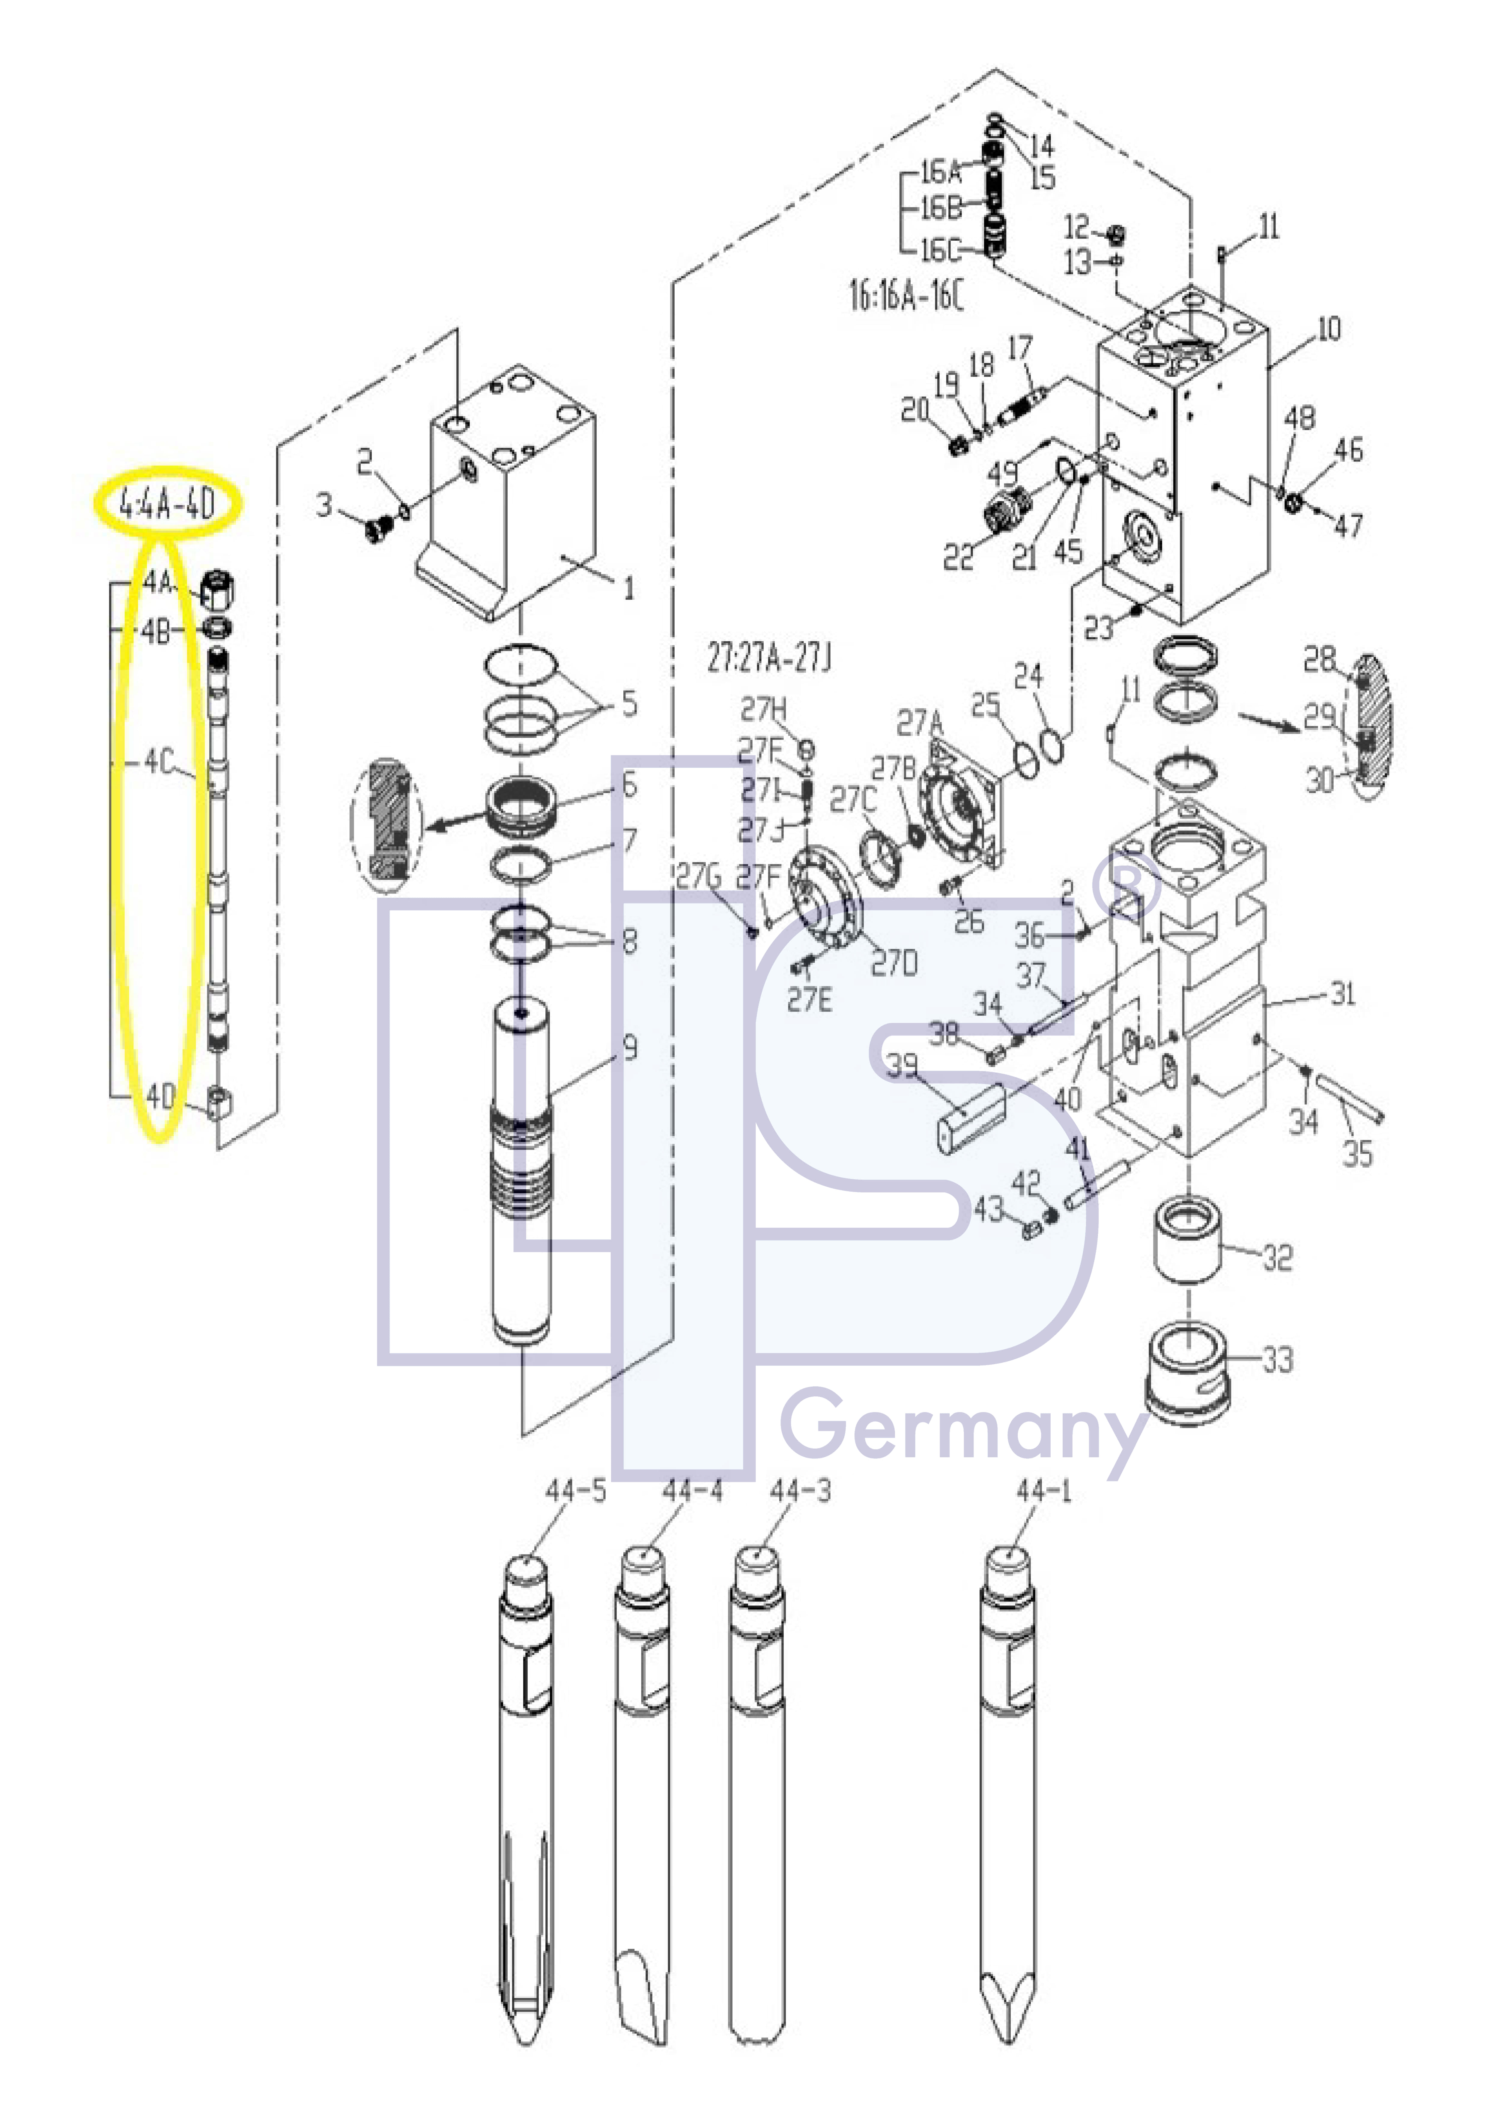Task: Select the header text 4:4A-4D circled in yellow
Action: point(168,504)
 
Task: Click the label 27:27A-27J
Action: point(769,659)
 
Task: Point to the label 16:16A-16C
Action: point(906,298)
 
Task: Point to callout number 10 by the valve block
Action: point(1329,329)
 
